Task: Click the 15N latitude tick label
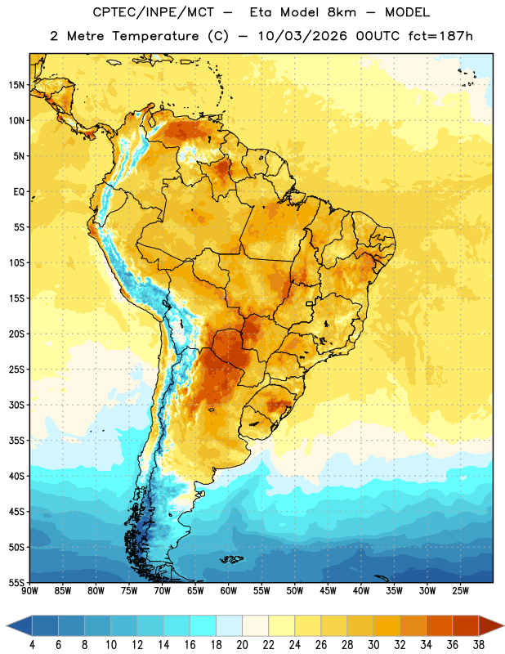16,85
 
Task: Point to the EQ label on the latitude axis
19,192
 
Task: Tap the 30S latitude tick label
16,405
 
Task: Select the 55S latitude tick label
16,583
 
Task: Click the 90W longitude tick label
29,591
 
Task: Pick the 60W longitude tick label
229,591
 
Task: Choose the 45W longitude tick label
328,591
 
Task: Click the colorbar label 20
242,645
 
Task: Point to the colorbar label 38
479,645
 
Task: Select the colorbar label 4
32,645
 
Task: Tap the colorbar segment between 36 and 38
466,625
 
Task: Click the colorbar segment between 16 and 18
203,625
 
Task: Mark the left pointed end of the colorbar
7,625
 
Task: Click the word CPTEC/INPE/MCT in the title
153,12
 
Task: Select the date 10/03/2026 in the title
302,36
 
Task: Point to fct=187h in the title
440,36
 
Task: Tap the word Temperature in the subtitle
155,36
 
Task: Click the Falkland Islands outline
231,559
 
